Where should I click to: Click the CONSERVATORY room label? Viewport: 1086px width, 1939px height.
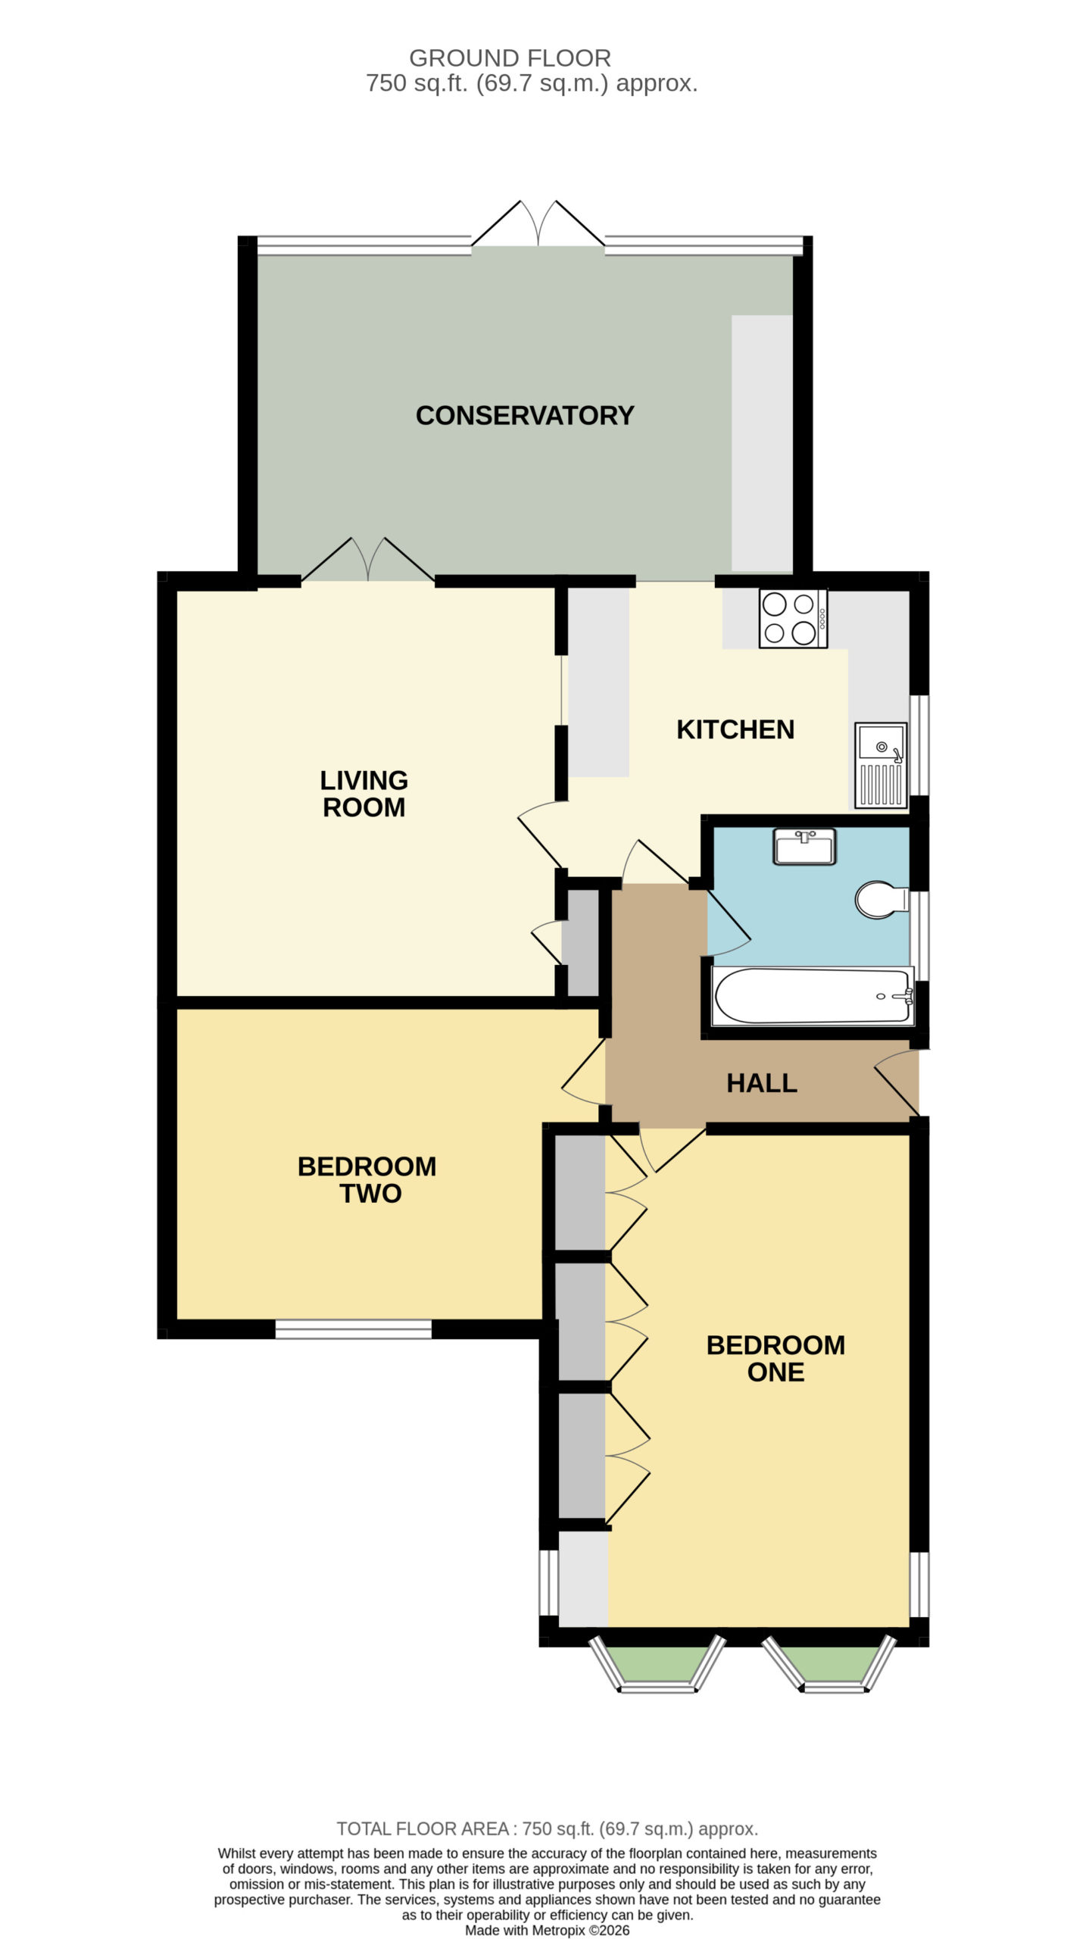(x=524, y=415)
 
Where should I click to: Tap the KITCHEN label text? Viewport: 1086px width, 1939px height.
(x=735, y=729)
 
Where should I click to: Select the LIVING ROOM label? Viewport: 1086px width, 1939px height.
(x=364, y=794)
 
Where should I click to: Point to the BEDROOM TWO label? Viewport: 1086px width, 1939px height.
(x=367, y=1179)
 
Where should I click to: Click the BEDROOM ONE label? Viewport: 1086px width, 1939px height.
(x=775, y=1358)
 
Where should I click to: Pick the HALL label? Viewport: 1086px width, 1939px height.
(x=762, y=1083)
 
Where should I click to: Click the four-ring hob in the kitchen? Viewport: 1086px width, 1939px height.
(x=794, y=618)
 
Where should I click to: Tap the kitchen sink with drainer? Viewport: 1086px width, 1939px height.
(x=882, y=765)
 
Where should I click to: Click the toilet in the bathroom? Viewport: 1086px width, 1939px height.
(x=882, y=900)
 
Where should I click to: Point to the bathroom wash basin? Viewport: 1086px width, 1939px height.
(x=804, y=847)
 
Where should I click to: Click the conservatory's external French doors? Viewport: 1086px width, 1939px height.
(x=538, y=224)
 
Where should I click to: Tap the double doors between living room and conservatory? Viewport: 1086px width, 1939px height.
(x=368, y=560)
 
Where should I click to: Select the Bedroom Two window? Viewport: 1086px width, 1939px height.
(x=354, y=1329)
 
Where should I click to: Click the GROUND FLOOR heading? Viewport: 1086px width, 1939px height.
(x=510, y=58)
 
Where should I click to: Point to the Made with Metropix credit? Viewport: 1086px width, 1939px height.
(x=547, y=1925)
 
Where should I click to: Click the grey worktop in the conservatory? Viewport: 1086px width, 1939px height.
(x=762, y=443)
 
